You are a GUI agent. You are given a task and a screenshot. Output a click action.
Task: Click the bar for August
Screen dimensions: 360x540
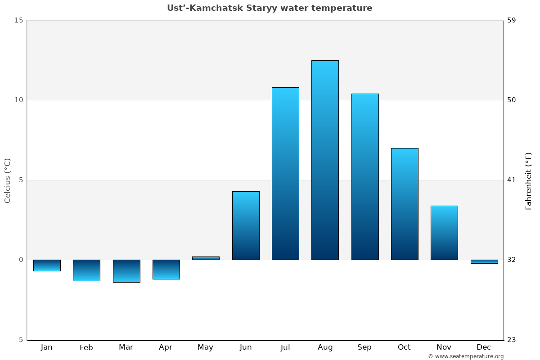click(325, 160)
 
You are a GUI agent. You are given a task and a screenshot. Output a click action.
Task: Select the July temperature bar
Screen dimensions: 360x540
click(285, 173)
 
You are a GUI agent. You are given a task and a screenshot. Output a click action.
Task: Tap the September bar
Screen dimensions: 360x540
click(364, 176)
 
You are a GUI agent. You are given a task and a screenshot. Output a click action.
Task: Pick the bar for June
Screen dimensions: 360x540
click(246, 225)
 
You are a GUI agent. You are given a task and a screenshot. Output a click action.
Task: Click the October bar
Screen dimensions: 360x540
click(405, 204)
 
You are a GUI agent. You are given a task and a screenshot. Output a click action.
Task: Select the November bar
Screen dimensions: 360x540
click(444, 233)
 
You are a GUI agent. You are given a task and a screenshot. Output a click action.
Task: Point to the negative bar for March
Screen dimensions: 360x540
click(126, 271)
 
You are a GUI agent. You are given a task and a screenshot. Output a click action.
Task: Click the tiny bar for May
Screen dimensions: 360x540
click(206, 258)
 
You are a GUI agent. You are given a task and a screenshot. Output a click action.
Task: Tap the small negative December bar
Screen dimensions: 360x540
click(484, 261)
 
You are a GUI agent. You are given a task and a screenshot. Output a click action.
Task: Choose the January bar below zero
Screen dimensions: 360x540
click(47, 265)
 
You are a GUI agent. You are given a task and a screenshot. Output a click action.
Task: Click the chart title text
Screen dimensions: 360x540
click(270, 8)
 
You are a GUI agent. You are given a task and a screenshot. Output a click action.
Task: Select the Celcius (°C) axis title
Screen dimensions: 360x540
click(7, 180)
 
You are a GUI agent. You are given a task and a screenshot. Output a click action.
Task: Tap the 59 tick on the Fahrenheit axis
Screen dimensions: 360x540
click(512, 20)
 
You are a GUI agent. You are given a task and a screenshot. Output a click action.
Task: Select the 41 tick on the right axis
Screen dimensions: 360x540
click(512, 180)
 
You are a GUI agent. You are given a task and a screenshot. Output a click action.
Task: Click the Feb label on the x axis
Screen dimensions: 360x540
click(86, 347)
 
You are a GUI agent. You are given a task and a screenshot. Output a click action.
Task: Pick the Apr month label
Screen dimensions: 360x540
click(166, 347)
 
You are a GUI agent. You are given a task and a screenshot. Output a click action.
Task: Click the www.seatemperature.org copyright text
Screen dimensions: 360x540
click(466, 356)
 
